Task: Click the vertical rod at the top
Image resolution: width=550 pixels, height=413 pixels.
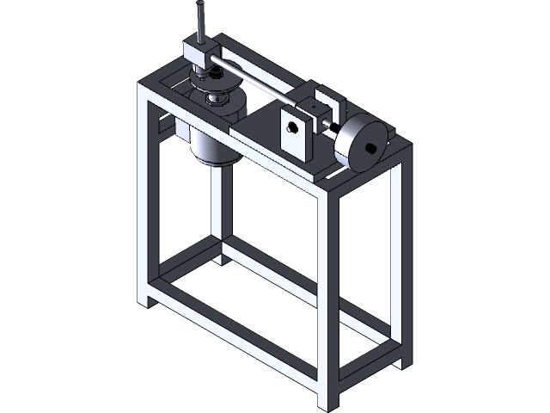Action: click(x=199, y=21)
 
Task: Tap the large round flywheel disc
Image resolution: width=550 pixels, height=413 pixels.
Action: click(x=361, y=142)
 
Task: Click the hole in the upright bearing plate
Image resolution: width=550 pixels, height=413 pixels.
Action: click(x=292, y=128)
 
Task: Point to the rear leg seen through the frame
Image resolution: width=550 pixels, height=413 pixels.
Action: click(x=217, y=215)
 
